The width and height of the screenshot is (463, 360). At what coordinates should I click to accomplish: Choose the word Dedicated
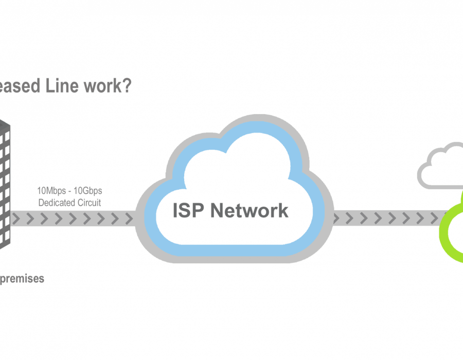click(x=57, y=203)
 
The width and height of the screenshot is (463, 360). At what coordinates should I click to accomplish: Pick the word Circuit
click(x=89, y=203)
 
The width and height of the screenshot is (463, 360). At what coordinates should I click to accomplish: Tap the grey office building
click(x=5, y=185)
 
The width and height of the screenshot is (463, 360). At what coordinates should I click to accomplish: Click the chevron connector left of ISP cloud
click(x=72, y=219)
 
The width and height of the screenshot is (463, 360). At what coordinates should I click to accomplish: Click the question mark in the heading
click(x=126, y=85)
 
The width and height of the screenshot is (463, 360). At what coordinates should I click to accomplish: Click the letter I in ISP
click(x=176, y=210)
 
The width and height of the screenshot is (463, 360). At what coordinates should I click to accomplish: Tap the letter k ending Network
click(x=283, y=210)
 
